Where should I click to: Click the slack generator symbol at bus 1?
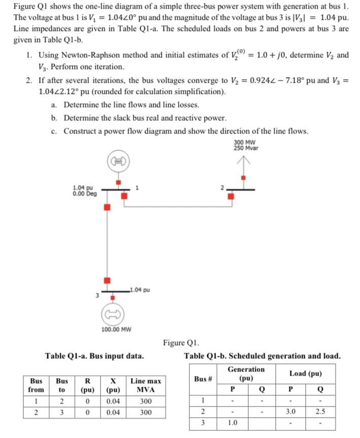pyautogui.click(x=118, y=161)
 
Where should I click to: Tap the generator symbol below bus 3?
pyautogui.click(x=111, y=314)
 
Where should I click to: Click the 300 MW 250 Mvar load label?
pyautogui.click(x=246, y=145)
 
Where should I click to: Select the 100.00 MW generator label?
pyautogui.click(x=116, y=329)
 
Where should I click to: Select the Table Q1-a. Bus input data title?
pyautogui.click(x=94, y=356)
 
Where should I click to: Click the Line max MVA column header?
pyautogui.click(x=146, y=385)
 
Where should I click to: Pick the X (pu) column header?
pyautogui.click(x=114, y=385)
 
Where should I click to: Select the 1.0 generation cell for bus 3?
pyautogui.click(x=233, y=422)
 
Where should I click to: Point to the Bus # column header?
pyautogui.click(x=203, y=379)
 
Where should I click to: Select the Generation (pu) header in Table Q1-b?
pyautogui.click(x=246, y=374)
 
